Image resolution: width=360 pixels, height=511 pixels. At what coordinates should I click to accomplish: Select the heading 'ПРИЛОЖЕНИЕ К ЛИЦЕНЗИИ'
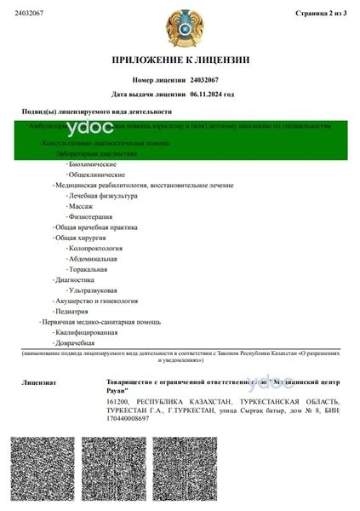tap(180, 60)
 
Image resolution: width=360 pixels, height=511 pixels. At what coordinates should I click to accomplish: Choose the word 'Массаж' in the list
tap(84, 206)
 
